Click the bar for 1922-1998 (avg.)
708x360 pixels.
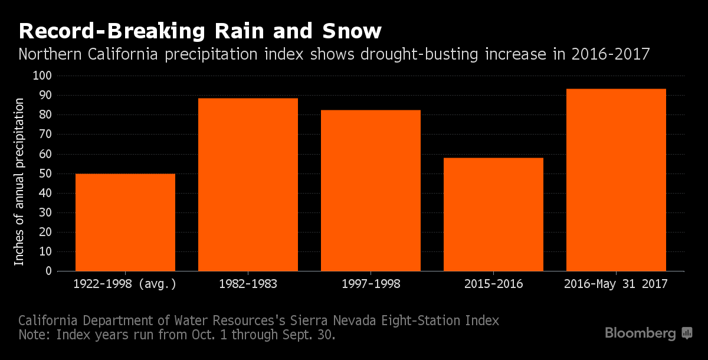pos(125,222)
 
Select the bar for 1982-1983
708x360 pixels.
pos(248,185)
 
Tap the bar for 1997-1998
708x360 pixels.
pos(371,191)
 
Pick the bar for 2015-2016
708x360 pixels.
pos(493,214)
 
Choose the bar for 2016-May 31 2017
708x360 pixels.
pos(616,180)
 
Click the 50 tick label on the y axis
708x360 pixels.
pos(46,174)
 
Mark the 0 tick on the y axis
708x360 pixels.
pos(49,271)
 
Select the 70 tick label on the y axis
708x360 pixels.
pos(46,135)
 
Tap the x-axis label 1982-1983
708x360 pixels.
pos(248,284)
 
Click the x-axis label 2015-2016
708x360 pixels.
pos(493,284)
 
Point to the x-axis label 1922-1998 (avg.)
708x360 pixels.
pos(125,284)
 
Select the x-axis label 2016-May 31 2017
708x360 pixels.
pos(616,284)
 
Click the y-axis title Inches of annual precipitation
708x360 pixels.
pos(19,182)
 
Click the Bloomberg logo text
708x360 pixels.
pos(640,333)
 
